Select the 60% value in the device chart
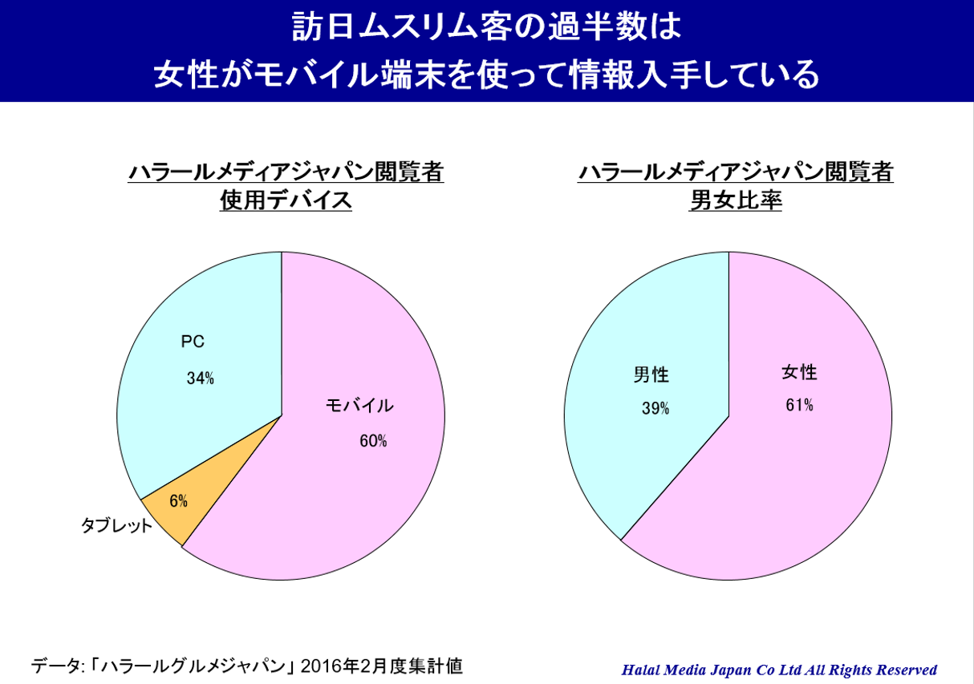373,441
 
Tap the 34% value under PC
200,378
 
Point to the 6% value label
178,502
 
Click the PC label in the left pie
193,342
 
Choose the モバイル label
359,406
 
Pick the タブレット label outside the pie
116,527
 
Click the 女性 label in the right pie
799,372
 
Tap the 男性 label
651,374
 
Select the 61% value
799,406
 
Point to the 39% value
655,409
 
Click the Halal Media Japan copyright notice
779,670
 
